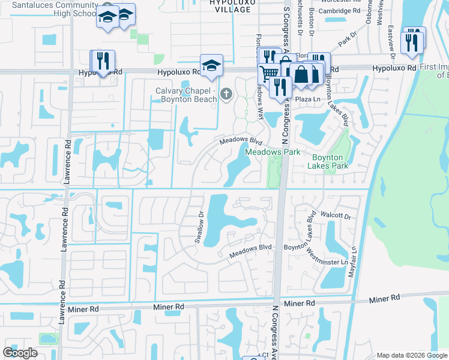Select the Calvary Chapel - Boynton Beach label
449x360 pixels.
(x=183, y=95)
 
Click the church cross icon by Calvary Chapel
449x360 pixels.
(x=226, y=94)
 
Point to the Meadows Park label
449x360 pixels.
(x=273, y=152)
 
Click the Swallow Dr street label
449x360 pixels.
(x=200, y=226)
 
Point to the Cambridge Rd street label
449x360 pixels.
(x=340, y=11)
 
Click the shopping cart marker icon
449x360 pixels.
(x=268, y=74)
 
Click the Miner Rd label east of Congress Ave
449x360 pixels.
(x=384, y=298)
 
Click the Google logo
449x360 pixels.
(x=20, y=353)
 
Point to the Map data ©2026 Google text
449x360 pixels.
(x=411, y=355)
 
